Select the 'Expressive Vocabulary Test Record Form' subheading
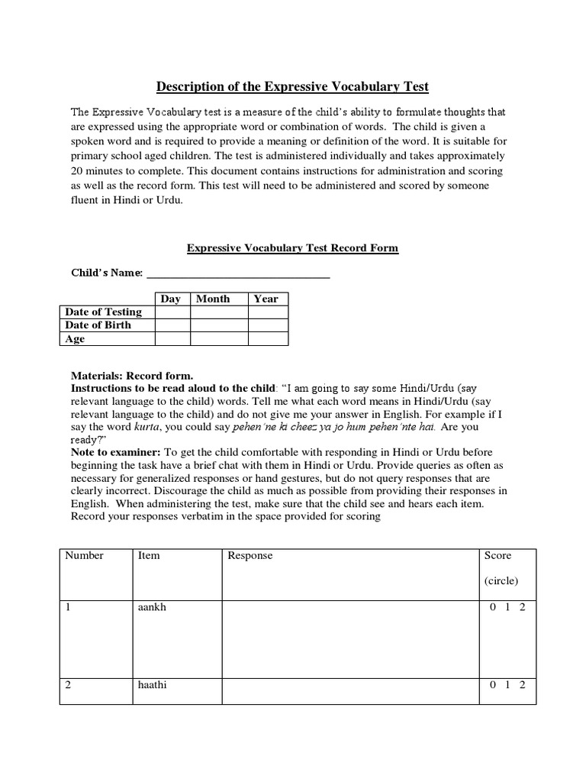click(x=292, y=248)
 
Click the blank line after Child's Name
click(x=237, y=273)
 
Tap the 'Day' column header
click(x=172, y=299)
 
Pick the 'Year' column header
click(x=266, y=299)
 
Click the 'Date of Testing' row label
click(x=104, y=312)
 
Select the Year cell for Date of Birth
click(x=268, y=325)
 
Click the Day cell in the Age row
click(x=172, y=339)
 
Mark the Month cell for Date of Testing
click(x=219, y=312)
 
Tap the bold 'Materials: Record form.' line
click(x=132, y=376)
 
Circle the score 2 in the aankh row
click(x=522, y=606)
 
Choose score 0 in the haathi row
click(x=493, y=685)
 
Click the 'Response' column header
click(x=250, y=555)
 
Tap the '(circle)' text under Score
click(x=501, y=580)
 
